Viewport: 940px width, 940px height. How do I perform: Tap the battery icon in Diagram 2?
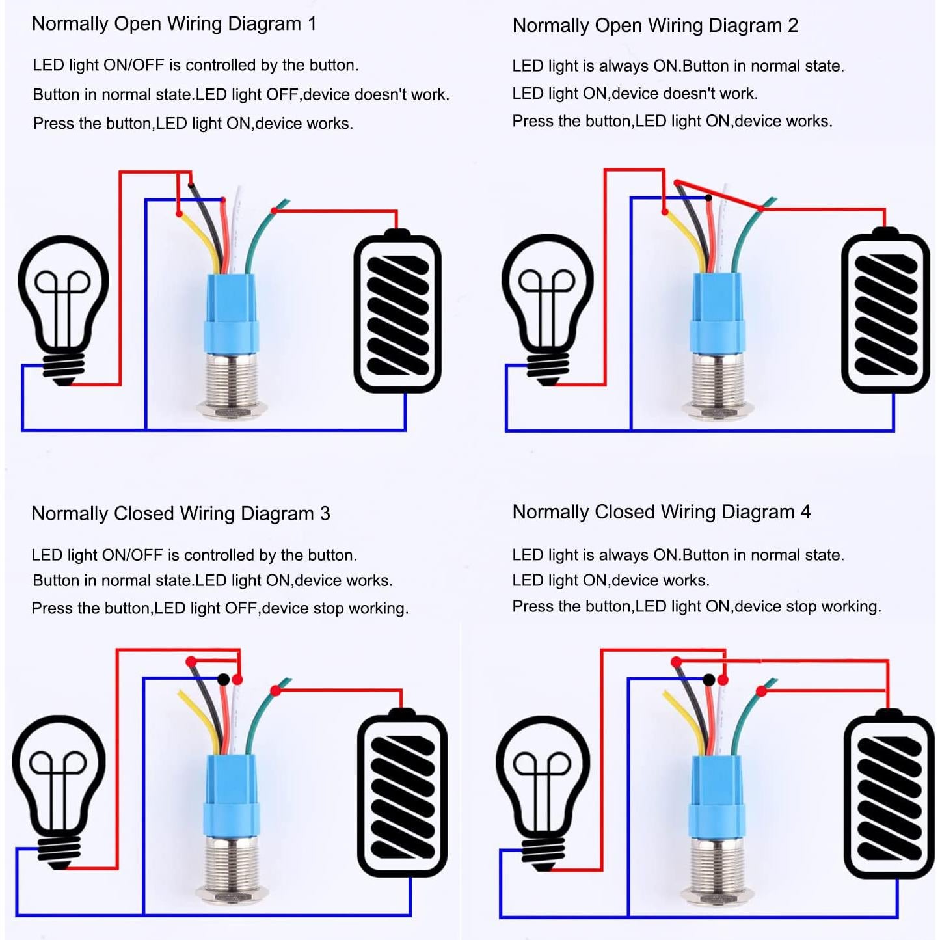tap(885, 312)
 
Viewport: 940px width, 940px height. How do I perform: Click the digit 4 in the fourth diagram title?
tap(805, 512)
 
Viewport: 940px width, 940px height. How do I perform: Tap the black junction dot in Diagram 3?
tap(223, 679)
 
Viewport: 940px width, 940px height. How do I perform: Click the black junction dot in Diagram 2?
tap(708, 197)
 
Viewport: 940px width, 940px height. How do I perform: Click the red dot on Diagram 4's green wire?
tap(761, 691)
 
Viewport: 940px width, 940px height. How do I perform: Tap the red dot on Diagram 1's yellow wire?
tap(180, 213)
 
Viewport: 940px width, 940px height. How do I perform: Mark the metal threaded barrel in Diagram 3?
tap(230, 868)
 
